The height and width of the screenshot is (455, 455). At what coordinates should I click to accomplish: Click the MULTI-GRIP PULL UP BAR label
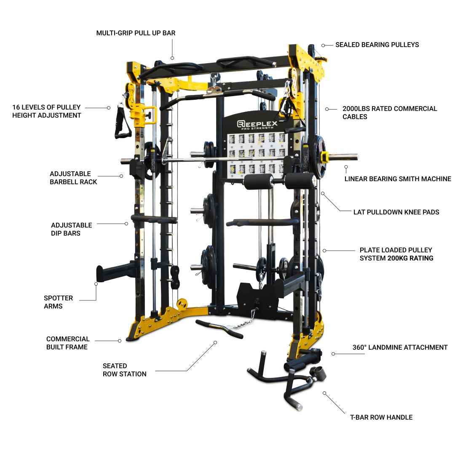[136, 33]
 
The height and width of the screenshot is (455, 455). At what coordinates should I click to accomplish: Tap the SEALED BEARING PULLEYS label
[377, 45]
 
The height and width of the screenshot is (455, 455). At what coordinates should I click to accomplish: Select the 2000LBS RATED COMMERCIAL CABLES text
[389, 112]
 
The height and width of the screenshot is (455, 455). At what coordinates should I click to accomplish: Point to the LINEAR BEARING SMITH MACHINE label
[397, 179]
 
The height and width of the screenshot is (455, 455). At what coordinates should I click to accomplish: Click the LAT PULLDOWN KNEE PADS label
[396, 212]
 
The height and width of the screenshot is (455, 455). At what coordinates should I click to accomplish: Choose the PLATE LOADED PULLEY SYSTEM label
[396, 254]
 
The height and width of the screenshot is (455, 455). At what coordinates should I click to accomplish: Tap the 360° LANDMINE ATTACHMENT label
[400, 348]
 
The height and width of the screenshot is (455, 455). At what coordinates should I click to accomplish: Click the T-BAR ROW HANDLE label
[381, 418]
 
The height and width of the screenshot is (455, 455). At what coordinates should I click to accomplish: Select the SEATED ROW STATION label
[124, 370]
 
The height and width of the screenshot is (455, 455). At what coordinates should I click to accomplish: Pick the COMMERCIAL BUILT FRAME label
[68, 343]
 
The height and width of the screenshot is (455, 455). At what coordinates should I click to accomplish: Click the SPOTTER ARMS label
[58, 302]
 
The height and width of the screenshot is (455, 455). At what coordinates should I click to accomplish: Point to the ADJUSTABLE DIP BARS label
[71, 229]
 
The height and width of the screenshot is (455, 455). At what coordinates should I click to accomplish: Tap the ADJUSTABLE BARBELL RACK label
[73, 178]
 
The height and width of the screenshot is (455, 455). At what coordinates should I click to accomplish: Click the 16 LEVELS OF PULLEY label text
[46, 111]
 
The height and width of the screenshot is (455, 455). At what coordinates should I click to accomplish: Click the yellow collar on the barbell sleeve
[324, 157]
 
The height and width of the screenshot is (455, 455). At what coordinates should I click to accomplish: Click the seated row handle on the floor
[219, 329]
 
